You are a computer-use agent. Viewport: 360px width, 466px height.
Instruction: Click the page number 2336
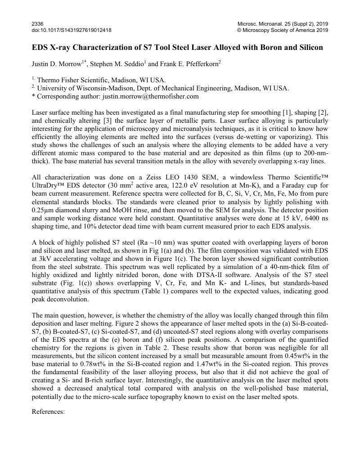pos(37,23)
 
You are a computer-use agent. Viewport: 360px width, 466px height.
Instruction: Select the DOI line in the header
pos(72,30)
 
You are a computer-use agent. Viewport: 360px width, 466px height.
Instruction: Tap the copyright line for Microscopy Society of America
pos(283,30)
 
